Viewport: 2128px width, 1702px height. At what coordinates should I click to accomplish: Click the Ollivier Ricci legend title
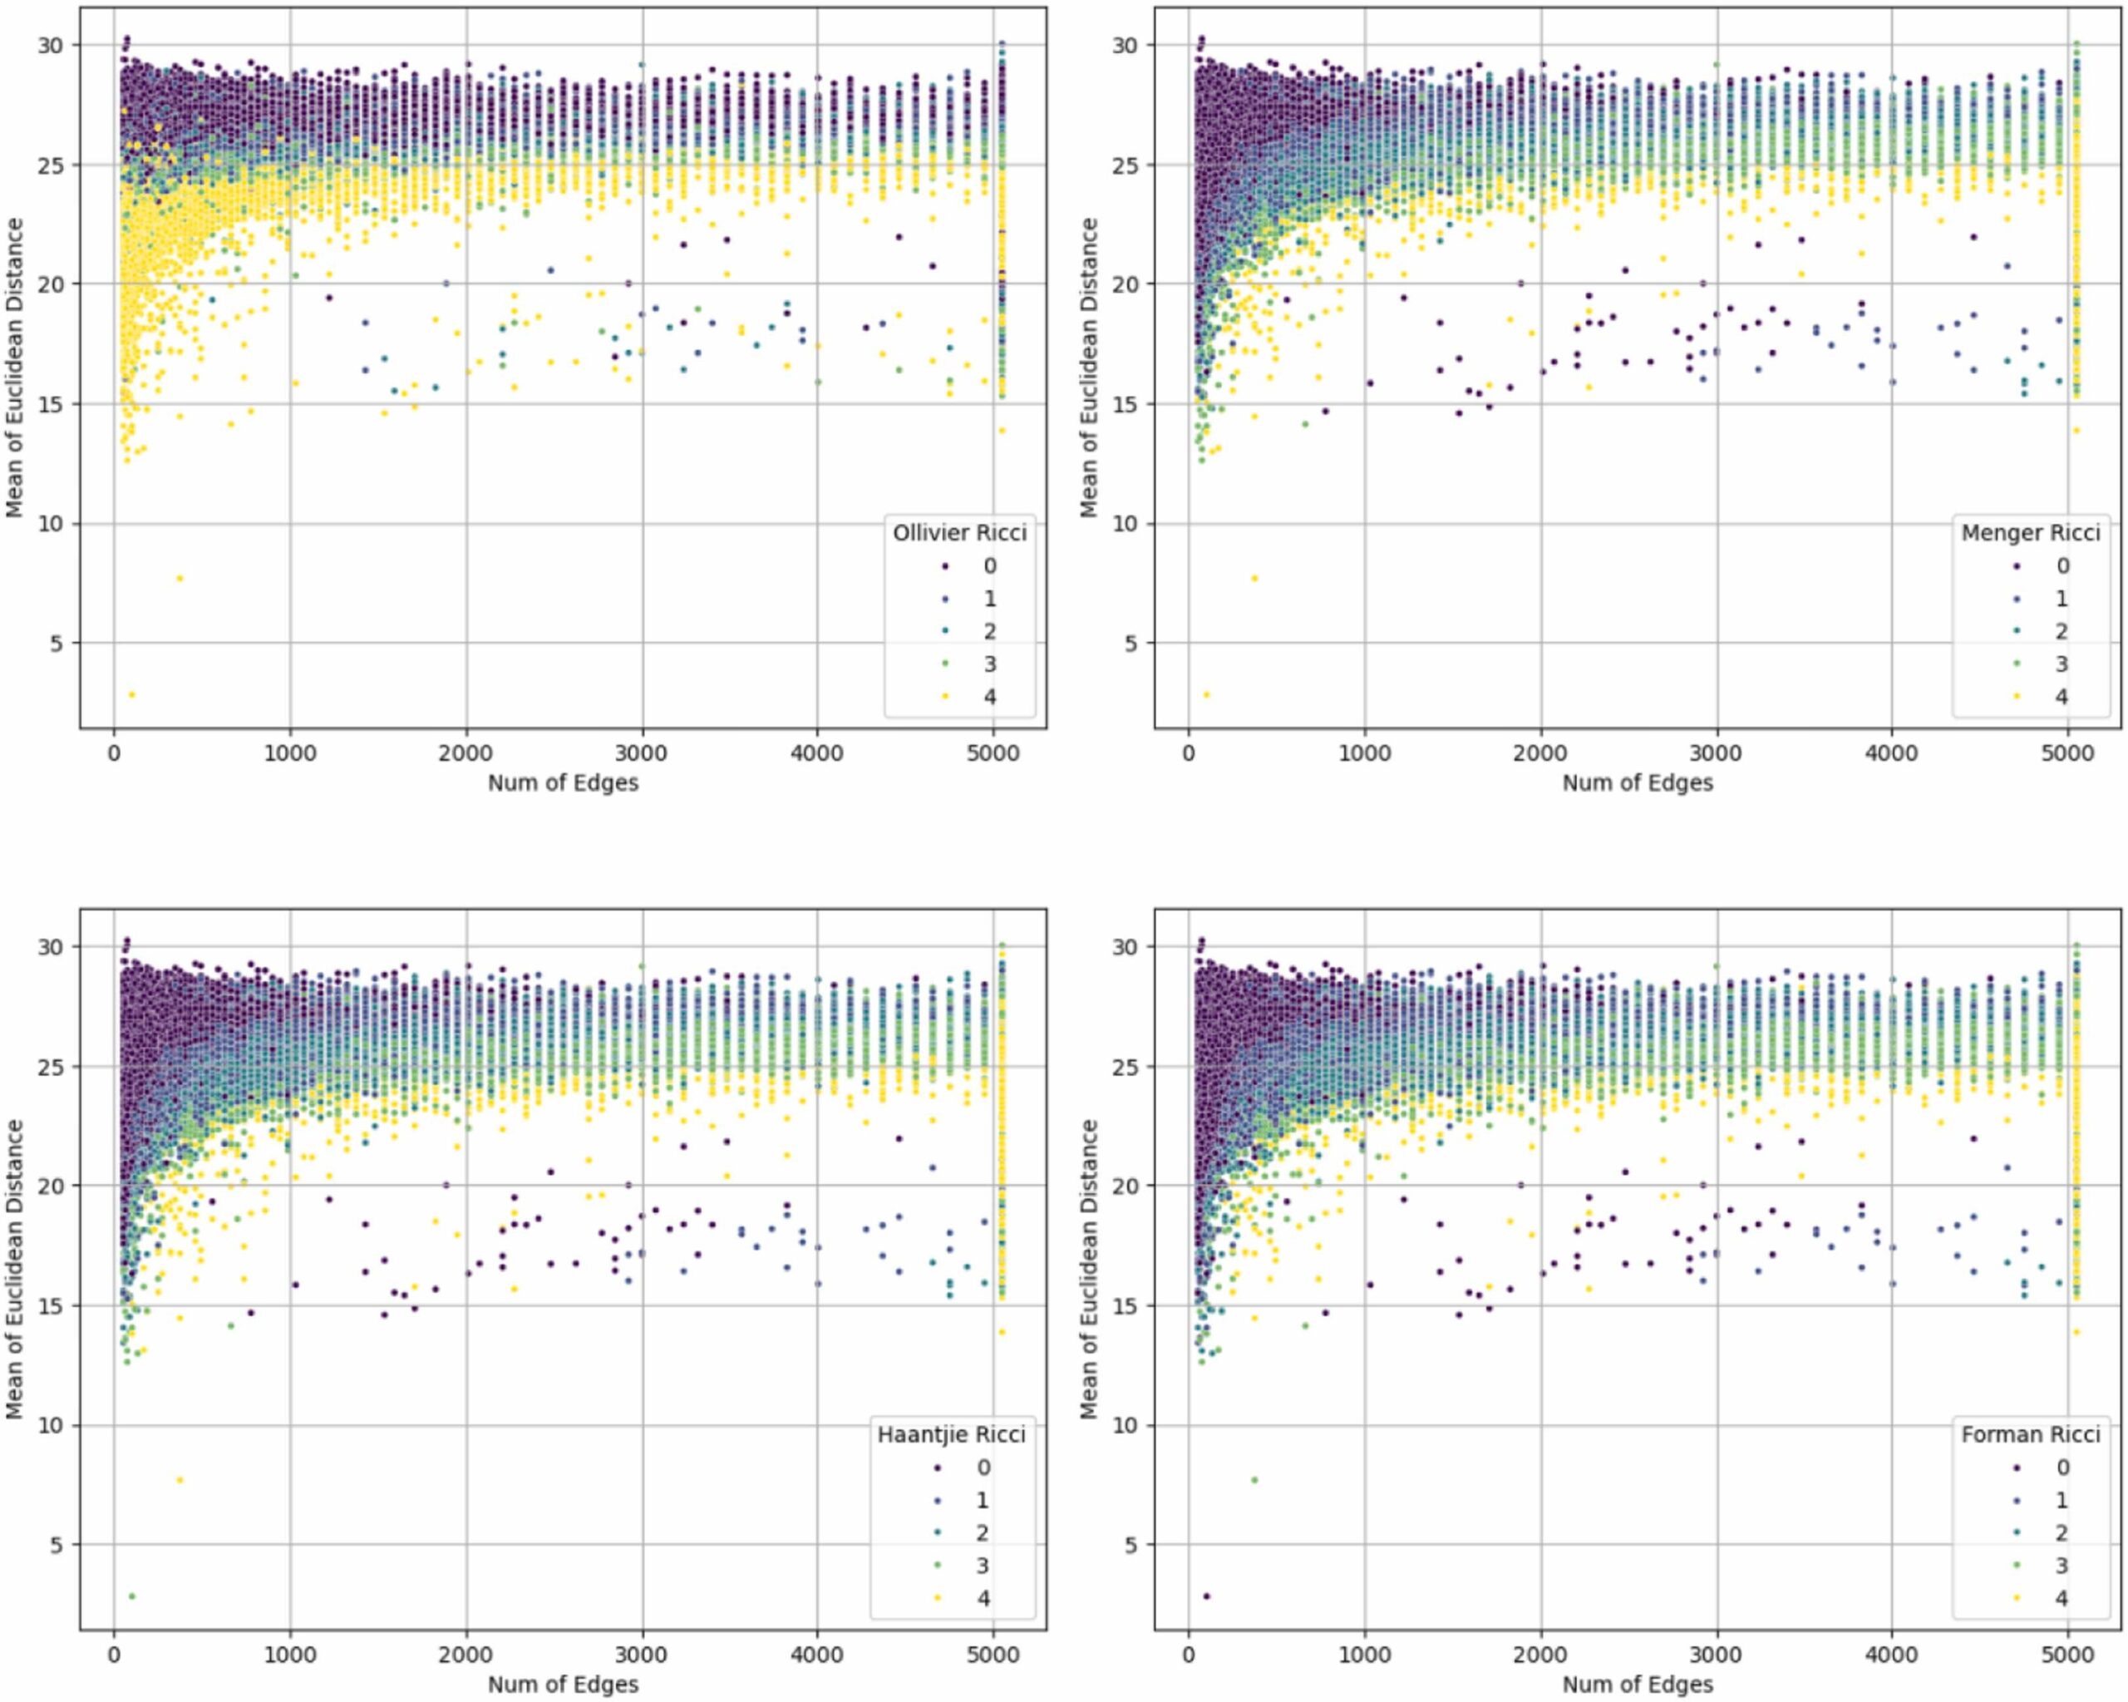[x=958, y=533]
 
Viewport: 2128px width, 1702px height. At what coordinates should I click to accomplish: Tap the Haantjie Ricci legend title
[x=952, y=1433]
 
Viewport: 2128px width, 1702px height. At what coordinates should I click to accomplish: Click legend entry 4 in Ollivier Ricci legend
[x=989, y=696]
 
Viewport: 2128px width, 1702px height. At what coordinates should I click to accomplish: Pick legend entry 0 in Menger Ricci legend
[x=2061, y=565]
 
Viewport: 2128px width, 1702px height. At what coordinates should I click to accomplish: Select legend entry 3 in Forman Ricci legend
[x=2061, y=1565]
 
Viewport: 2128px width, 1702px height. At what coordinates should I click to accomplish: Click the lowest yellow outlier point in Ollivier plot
[x=131, y=695]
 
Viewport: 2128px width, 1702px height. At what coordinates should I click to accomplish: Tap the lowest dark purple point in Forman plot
[x=1206, y=1596]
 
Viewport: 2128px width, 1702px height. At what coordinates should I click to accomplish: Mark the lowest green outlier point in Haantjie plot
[x=131, y=1596]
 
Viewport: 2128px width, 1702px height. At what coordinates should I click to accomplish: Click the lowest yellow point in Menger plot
[x=1206, y=695]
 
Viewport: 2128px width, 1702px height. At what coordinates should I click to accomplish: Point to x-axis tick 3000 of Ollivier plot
[x=642, y=753]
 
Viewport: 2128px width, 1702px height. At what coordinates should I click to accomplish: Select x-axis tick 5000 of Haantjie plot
[x=993, y=1655]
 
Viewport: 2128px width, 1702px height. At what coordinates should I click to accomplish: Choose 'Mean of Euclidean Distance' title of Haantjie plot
[x=14, y=1269]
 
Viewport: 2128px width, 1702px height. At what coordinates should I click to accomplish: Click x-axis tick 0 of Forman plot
[x=1189, y=1655]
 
